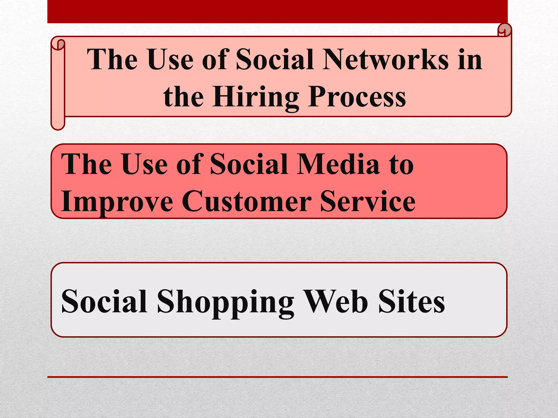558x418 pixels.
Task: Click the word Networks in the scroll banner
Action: (385, 60)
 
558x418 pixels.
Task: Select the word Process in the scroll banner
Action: (357, 97)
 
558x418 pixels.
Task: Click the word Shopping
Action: (225, 302)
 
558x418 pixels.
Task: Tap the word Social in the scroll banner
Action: (275, 60)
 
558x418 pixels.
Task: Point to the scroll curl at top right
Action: (504, 30)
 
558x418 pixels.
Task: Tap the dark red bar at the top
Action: (277, 11)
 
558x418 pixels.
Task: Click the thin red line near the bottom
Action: (277, 377)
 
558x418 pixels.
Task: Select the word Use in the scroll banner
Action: (171, 60)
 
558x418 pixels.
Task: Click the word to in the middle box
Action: (401, 165)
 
